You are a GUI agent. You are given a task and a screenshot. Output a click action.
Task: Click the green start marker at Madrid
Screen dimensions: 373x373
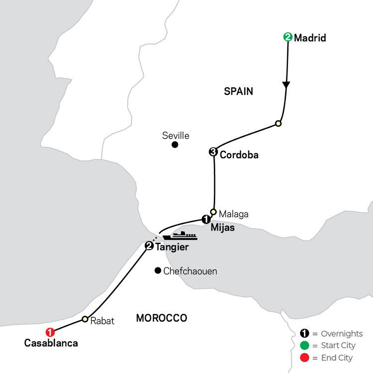(x=288, y=37)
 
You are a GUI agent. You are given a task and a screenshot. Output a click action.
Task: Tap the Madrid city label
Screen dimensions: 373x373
(x=310, y=38)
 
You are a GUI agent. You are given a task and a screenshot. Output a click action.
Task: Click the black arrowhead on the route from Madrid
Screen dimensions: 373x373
(x=286, y=85)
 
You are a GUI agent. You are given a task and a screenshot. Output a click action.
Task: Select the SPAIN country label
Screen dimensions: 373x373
(x=238, y=92)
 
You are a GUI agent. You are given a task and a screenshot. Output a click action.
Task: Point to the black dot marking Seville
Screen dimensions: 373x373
(x=175, y=145)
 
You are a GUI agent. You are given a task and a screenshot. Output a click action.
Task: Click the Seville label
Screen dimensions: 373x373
(x=176, y=136)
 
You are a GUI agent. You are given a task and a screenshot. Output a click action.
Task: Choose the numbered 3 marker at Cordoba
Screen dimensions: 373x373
(x=213, y=152)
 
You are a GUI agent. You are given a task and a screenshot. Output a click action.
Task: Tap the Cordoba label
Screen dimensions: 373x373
(x=239, y=155)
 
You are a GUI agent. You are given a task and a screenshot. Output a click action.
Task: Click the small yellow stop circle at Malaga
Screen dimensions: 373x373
(x=213, y=212)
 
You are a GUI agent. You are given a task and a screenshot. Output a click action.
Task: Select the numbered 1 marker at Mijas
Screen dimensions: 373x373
(x=206, y=219)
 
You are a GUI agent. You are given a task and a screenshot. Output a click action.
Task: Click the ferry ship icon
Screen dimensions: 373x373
(x=180, y=236)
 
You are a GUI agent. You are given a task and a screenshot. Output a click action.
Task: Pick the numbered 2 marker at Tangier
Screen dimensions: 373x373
(x=149, y=246)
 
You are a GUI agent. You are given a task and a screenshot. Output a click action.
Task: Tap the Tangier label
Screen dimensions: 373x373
(x=172, y=247)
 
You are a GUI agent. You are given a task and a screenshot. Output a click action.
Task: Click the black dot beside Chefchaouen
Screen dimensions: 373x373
(x=158, y=271)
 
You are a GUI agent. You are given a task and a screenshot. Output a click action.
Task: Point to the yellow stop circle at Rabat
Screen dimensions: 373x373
(x=85, y=319)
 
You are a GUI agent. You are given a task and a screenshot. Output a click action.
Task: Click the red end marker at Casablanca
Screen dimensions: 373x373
(x=50, y=332)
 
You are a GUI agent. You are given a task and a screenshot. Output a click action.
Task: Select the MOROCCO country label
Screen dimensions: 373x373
(x=162, y=318)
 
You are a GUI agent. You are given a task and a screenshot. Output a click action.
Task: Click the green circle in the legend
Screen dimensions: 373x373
(x=304, y=346)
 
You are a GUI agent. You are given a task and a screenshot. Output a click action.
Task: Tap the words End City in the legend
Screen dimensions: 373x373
(x=337, y=358)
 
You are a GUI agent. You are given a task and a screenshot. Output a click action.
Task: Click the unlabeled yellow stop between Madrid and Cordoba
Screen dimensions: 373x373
(x=278, y=123)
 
